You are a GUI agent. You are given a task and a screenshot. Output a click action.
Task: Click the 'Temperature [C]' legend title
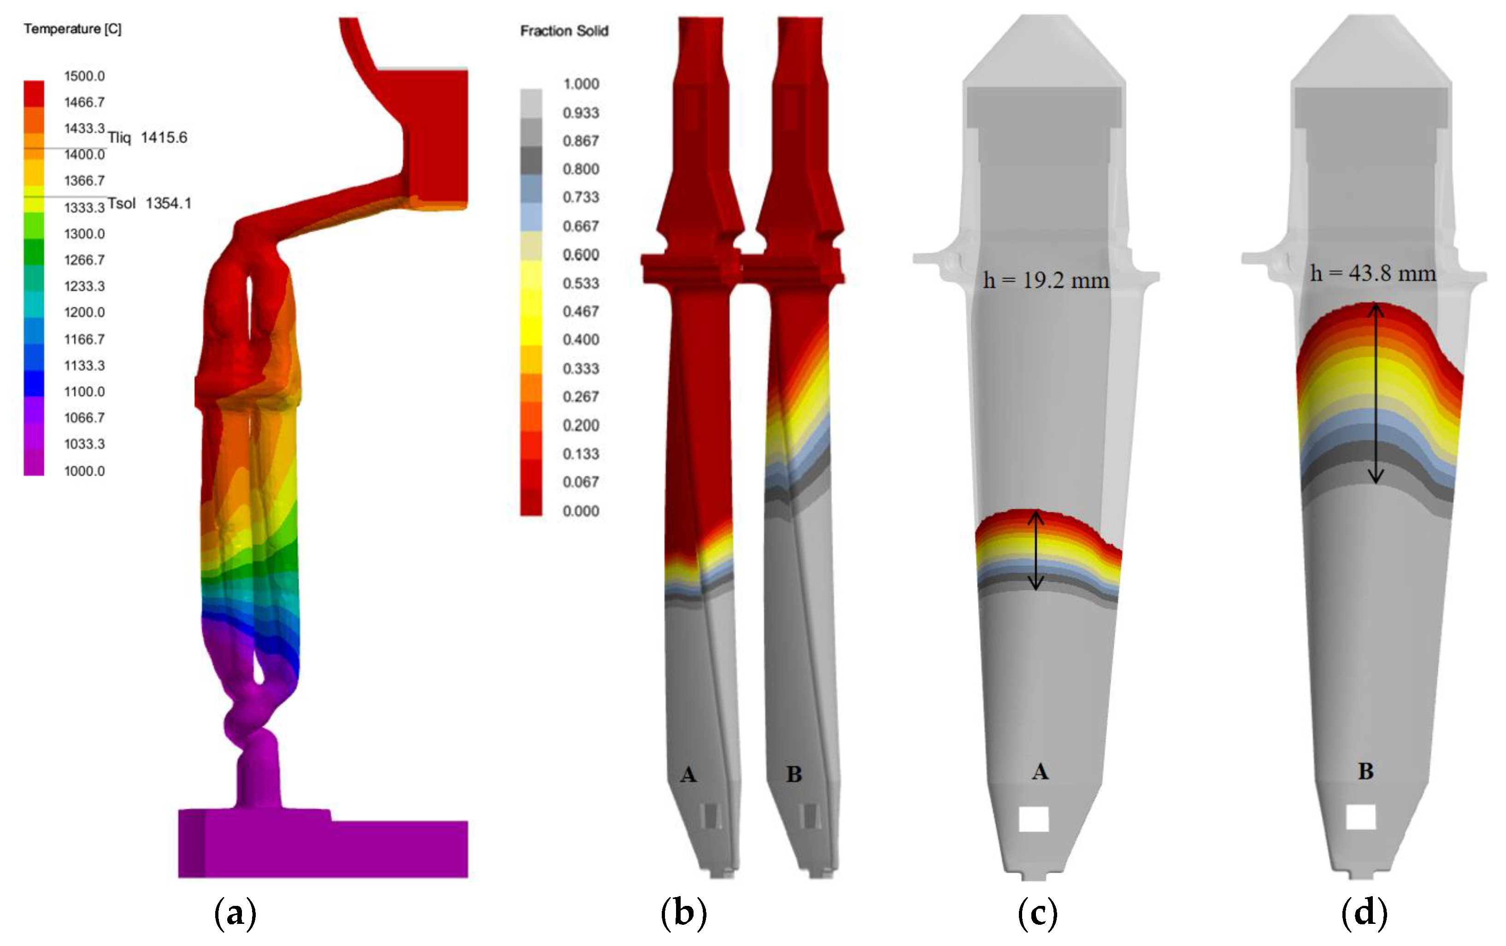pyautogui.click(x=72, y=29)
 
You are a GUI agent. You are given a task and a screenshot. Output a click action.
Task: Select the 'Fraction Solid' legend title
pyautogui.click(x=564, y=30)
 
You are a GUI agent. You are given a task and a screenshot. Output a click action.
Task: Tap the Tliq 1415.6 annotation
pyautogui.click(x=147, y=137)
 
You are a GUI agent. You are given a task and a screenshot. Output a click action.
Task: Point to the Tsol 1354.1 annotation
pyautogui.click(x=149, y=203)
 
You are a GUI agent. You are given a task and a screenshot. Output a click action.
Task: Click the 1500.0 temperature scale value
pyautogui.click(x=84, y=76)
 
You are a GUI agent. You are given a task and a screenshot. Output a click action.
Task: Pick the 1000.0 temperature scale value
pyautogui.click(x=84, y=470)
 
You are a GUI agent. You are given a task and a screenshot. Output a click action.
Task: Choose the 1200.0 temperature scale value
pyautogui.click(x=84, y=312)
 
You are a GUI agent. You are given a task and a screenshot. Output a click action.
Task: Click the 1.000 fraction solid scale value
pyautogui.click(x=581, y=84)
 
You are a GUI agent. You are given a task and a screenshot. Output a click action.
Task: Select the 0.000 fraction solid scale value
pyautogui.click(x=581, y=511)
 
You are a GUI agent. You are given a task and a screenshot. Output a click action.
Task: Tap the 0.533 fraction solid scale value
pyautogui.click(x=581, y=283)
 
